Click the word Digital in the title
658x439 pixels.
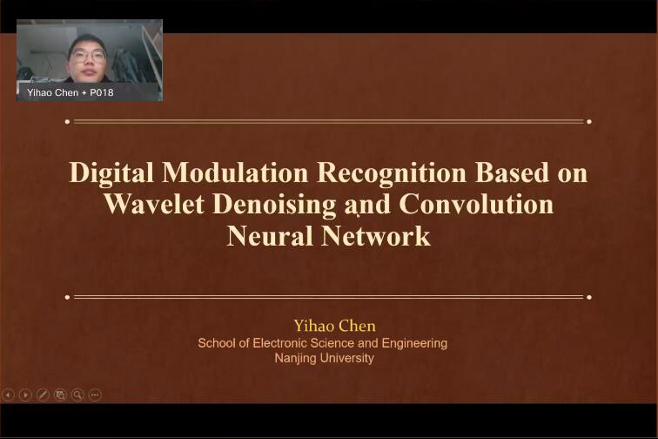[x=111, y=172]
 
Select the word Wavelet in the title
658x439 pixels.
[x=154, y=204]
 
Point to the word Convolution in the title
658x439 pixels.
[x=476, y=204]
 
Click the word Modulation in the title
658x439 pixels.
[x=235, y=172]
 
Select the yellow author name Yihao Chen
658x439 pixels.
[x=334, y=326]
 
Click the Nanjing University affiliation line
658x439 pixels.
[x=325, y=358]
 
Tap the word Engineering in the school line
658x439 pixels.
[x=414, y=344]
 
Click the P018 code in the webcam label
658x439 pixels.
[x=102, y=92]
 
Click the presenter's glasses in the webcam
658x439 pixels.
[x=88, y=55]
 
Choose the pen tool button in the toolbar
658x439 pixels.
[x=43, y=395]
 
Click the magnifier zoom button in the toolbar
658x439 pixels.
[x=77, y=395]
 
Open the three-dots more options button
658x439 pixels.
[x=95, y=395]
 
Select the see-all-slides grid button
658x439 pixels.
[x=60, y=395]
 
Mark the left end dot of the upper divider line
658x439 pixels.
[x=68, y=122]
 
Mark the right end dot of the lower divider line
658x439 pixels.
[x=589, y=297]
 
